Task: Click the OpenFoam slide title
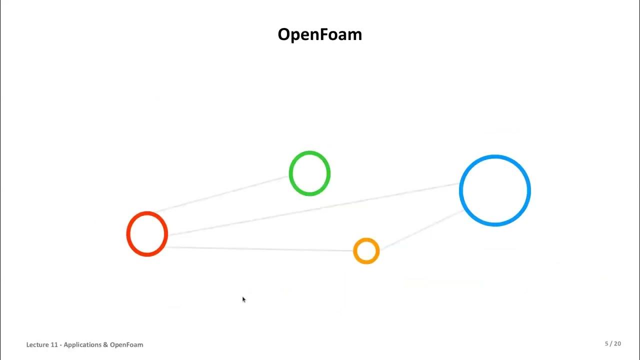[x=319, y=34]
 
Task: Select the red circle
[x=147, y=234]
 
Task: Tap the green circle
[x=309, y=173]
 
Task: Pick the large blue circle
[x=494, y=190]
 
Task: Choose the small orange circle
[x=366, y=251]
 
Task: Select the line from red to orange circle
[x=260, y=249]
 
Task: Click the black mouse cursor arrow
[x=243, y=299]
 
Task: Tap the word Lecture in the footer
[x=37, y=344]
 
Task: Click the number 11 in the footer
[x=55, y=344]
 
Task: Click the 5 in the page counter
[x=606, y=343]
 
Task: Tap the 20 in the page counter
[x=617, y=343]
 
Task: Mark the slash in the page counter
[x=610, y=343]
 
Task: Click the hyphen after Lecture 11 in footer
[x=61, y=345]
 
